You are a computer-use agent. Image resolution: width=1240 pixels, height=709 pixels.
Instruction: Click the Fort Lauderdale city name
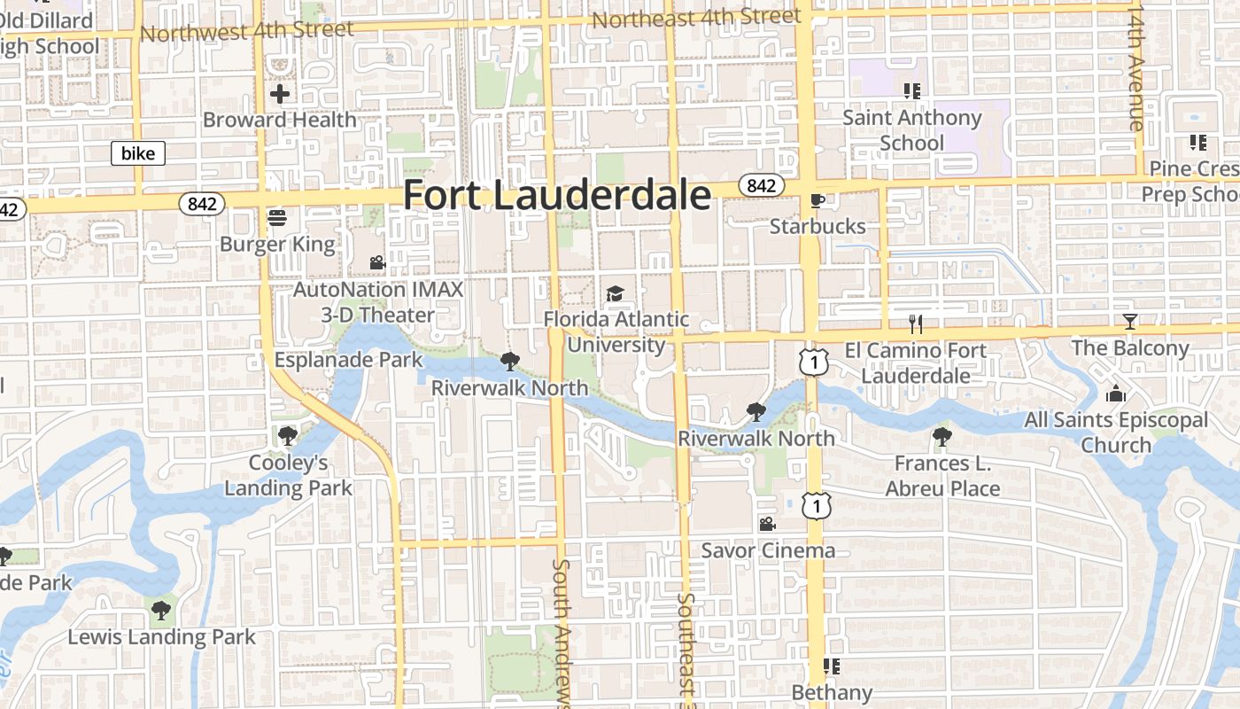(556, 195)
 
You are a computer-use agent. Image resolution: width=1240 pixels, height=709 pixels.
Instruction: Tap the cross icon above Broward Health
(280, 94)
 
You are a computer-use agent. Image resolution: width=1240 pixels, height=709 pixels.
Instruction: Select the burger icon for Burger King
(277, 218)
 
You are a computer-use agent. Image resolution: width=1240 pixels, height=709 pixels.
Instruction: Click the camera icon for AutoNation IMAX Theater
(377, 263)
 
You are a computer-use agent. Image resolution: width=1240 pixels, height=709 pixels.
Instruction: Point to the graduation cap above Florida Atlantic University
(615, 293)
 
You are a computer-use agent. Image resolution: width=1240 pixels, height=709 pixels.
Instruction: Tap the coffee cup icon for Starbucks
(817, 201)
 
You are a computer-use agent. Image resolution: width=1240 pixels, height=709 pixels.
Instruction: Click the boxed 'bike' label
(138, 153)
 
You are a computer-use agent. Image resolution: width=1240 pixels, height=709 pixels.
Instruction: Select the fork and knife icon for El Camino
(916, 324)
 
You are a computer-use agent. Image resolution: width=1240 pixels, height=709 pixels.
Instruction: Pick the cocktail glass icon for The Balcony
(1129, 322)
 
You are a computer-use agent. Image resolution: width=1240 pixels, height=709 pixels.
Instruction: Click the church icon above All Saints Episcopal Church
(1116, 393)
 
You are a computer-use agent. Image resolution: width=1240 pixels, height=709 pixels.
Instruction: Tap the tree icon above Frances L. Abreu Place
(942, 437)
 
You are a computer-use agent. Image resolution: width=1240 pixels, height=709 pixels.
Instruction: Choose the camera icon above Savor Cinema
(767, 524)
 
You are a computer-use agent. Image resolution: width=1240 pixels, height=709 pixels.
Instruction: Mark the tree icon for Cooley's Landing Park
(287, 435)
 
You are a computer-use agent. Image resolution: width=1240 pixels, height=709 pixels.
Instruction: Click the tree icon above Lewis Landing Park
(160, 610)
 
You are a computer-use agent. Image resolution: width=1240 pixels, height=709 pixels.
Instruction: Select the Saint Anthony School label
(912, 130)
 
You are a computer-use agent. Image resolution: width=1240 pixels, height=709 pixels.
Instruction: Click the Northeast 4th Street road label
(696, 18)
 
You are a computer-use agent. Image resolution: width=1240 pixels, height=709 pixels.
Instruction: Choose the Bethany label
(832, 692)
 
